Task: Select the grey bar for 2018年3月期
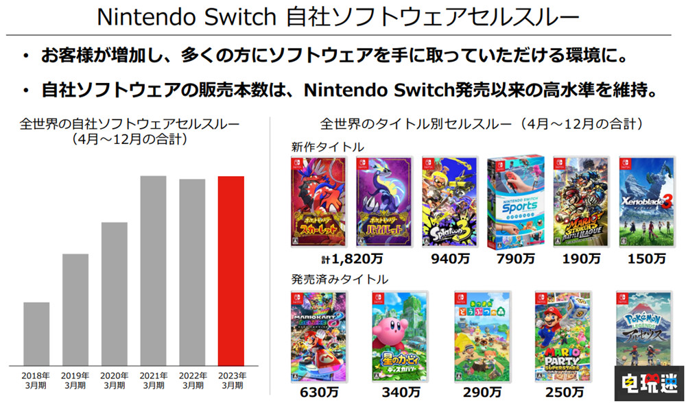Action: click(36, 333)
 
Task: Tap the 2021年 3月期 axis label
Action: click(153, 380)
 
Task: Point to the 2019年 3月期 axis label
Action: click(75, 380)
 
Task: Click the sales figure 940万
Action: click(449, 259)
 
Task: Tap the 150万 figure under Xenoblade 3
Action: click(647, 259)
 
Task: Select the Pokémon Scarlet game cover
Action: click(320, 201)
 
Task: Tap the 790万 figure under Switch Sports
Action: click(515, 259)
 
